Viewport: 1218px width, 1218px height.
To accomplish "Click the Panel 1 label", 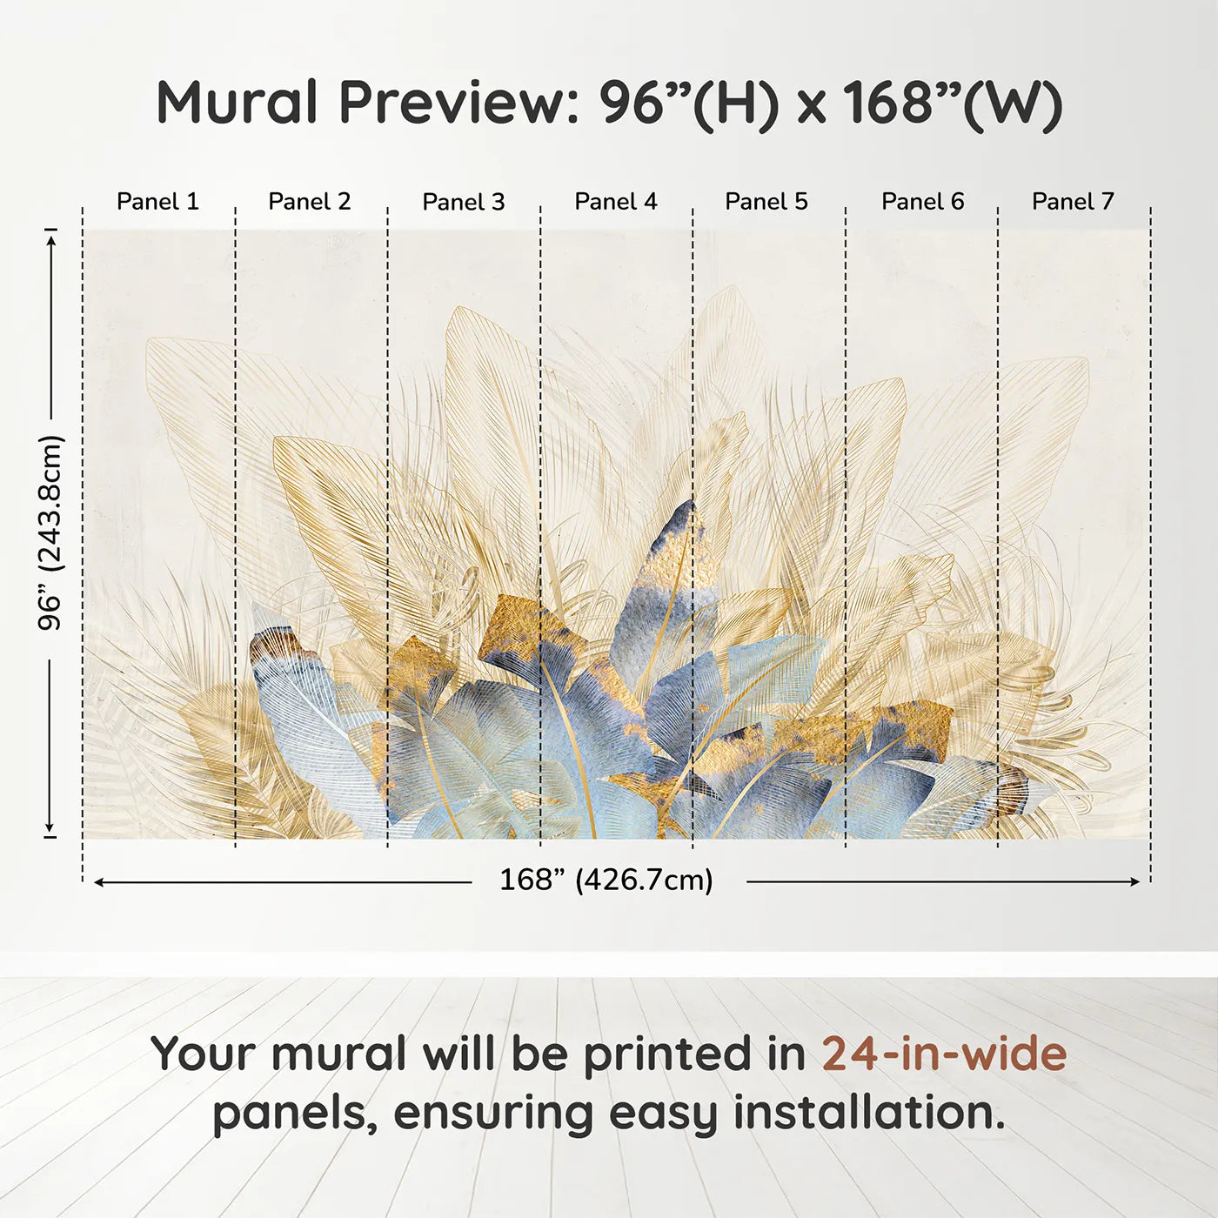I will click(x=157, y=202).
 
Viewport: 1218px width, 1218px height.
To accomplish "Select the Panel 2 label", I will click(x=310, y=202).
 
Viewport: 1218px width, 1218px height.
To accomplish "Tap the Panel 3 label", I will click(x=463, y=202).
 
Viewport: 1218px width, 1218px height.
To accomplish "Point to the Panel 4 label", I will click(x=616, y=202).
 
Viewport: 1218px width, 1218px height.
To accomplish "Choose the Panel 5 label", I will click(x=766, y=202).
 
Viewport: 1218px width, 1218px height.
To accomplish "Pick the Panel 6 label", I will click(x=922, y=202).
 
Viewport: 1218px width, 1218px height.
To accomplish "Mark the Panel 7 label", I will click(x=1073, y=202).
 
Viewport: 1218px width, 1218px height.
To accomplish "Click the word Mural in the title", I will click(x=238, y=103).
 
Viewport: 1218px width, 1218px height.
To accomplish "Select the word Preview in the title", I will click(x=453, y=103).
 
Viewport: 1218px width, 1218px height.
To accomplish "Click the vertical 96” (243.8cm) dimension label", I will click(x=50, y=532).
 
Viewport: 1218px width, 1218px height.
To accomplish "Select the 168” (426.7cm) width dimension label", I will click(x=606, y=880).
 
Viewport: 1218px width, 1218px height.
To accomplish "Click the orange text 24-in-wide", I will click(x=944, y=1054).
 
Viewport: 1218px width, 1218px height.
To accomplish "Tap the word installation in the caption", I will click(x=868, y=1113).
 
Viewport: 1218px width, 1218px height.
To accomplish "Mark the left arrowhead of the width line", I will click(x=99, y=882).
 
